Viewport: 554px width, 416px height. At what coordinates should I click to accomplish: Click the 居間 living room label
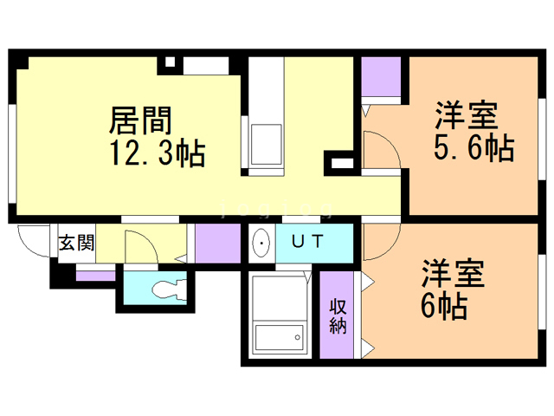[140, 120]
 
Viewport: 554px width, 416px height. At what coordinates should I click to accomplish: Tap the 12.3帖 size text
[158, 153]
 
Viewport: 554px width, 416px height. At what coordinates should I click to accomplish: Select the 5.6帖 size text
[473, 146]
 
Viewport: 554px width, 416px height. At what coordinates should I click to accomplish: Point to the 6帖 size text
[444, 306]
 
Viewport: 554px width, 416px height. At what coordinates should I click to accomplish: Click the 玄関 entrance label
[77, 243]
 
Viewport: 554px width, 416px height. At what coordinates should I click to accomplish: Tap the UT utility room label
[307, 242]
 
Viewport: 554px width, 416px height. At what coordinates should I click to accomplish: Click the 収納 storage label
[338, 315]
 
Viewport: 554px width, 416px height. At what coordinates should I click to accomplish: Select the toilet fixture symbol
[170, 289]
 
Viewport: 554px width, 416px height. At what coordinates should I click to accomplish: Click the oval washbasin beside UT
[261, 243]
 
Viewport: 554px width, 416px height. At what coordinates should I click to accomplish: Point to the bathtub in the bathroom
[280, 337]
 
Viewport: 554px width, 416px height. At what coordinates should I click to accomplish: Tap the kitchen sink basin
[267, 145]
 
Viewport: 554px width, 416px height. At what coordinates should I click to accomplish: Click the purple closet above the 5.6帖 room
[381, 76]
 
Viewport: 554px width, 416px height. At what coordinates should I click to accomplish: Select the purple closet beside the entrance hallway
[218, 244]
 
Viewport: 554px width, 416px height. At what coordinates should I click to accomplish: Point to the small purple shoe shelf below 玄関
[96, 276]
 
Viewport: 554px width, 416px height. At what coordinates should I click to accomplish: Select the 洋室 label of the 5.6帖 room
[467, 115]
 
